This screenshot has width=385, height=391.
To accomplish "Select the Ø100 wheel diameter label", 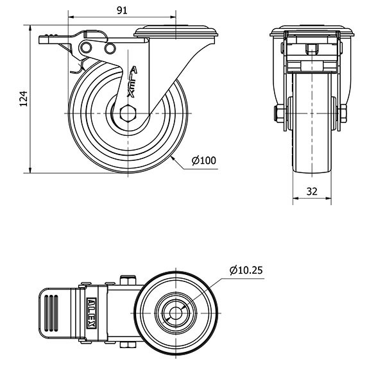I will point(203,160).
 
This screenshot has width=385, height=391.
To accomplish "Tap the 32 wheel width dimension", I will point(312,190).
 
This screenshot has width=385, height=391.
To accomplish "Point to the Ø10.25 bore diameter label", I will point(246,270).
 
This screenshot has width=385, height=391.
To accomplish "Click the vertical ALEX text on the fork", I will point(133,81).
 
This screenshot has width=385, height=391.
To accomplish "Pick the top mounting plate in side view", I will point(176,30).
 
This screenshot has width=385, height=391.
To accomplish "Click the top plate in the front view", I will point(312,31).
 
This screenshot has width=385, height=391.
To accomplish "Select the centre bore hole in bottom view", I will point(173,314).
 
